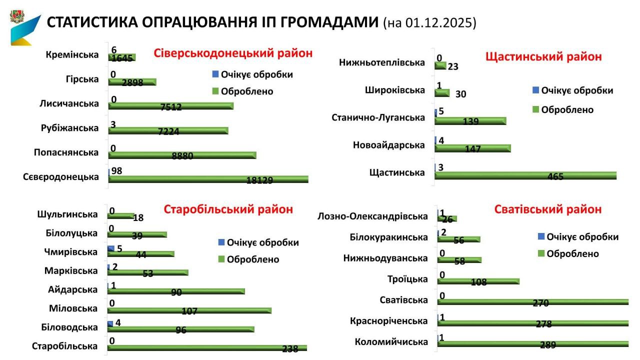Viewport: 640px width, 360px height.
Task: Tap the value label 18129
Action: pyautogui.click(x=259, y=180)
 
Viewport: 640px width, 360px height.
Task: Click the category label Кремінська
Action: pyautogui.click(x=72, y=55)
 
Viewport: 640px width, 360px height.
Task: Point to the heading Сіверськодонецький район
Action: pyautogui.click(x=232, y=53)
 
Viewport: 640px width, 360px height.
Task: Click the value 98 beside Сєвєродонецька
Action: pyautogui.click(x=116, y=171)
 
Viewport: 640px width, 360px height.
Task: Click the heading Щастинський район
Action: pyautogui.click(x=543, y=56)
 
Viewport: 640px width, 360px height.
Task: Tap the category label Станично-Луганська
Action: pyautogui.click(x=378, y=117)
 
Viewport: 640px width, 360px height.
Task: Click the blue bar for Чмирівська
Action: pyautogui.click(x=110, y=248)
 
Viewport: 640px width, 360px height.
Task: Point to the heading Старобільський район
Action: pyautogui.click(x=228, y=209)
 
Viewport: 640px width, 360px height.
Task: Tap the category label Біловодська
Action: pyautogui.click(x=69, y=327)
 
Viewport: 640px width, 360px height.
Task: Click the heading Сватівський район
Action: pyautogui.click(x=548, y=209)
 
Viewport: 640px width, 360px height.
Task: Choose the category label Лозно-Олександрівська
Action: pyautogui.click(x=373, y=216)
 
